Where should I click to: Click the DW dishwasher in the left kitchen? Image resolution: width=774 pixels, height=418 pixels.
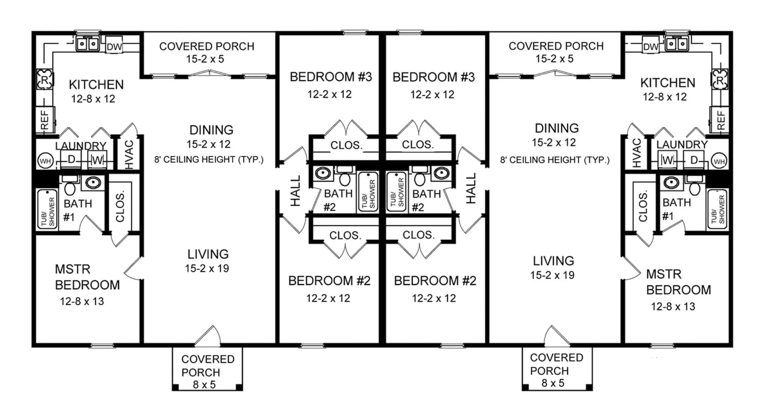point(114,47)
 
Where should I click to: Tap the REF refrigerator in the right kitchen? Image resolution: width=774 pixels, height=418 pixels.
point(720,120)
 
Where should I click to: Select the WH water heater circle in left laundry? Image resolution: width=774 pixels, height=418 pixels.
point(45,162)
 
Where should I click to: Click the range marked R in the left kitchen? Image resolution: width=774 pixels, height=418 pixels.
point(45,79)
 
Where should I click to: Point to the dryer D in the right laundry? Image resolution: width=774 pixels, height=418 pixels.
point(694,160)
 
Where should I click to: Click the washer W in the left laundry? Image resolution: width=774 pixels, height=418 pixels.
point(98,160)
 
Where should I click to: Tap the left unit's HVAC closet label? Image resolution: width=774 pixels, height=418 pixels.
point(129,154)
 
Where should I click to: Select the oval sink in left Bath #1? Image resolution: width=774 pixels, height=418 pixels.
point(93,183)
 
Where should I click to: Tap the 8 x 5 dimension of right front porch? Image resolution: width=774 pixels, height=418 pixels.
point(553,383)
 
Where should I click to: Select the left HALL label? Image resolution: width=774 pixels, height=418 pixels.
point(295,190)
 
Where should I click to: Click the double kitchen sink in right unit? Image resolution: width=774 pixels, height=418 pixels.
point(676,44)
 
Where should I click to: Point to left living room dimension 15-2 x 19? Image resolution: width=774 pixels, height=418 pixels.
point(207,269)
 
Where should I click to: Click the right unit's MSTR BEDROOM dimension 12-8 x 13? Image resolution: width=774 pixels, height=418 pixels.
point(673,306)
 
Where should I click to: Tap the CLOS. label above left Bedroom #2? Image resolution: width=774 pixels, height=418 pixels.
point(345,235)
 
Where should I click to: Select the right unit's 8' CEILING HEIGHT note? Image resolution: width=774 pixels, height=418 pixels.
point(555,160)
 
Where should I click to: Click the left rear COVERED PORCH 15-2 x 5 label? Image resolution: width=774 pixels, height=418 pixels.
point(206,53)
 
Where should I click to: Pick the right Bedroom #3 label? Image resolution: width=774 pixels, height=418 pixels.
point(433,77)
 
